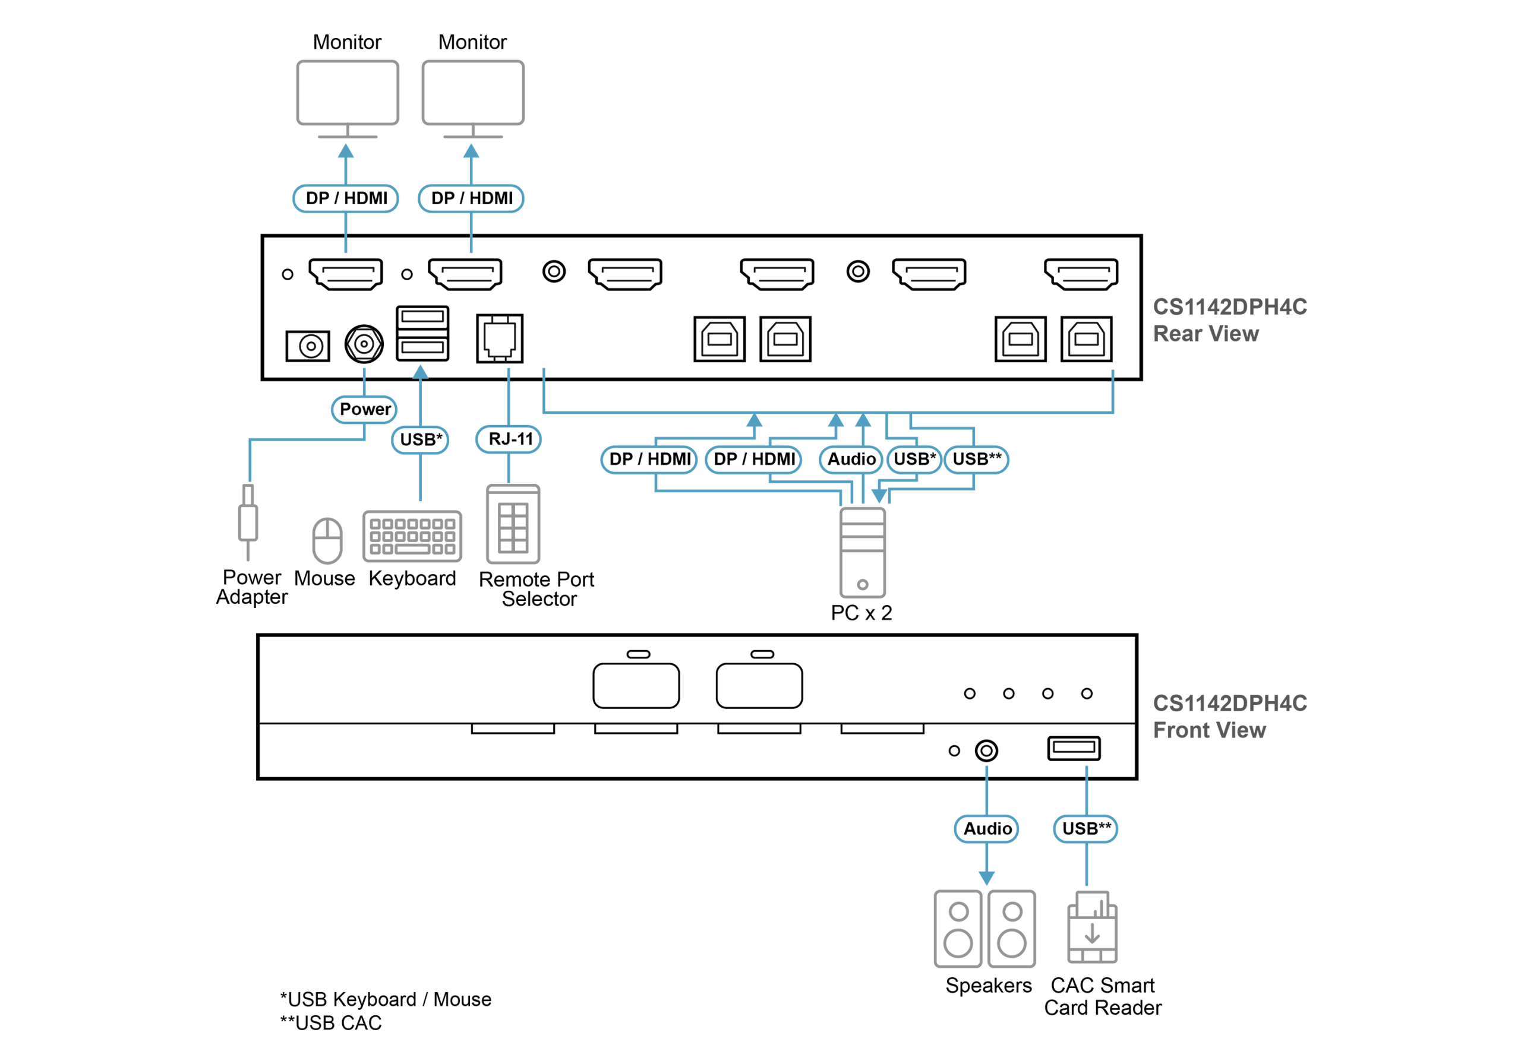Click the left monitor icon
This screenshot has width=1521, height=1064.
coord(347,93)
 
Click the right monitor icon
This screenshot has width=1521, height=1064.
coord(473,93)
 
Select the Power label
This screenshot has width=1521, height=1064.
coord(364,409)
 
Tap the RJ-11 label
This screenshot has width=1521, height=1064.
coord(509,439)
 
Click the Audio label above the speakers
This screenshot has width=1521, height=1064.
coord(986,828)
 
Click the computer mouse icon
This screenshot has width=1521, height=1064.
coord(327,540)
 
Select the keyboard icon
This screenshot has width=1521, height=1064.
coord(412,536)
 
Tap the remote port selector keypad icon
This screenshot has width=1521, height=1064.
coord(513,524)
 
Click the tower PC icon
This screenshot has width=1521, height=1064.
coord(862,553)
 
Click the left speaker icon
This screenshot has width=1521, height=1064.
coord(957,928)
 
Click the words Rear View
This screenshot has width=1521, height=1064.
coord(1206,334)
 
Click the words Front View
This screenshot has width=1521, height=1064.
coord(1209,730)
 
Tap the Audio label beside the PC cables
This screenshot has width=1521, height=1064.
coord(851,459)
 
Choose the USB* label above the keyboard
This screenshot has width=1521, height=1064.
coord(420,439)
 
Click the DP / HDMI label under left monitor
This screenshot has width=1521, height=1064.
coord(346,198)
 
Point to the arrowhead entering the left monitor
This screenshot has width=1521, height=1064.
coord(346,151)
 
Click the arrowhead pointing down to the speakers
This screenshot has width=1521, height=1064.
coord(986,878)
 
